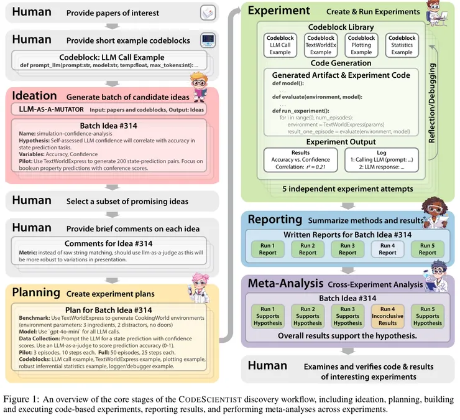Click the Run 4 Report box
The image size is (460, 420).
tap(387, 249)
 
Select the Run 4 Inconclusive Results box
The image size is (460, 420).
tap(387, 315)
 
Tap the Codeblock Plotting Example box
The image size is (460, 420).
tap(361, 45)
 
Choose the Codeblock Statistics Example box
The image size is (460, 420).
tap(402, 45)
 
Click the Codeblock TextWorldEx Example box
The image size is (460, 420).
tap(321, 45)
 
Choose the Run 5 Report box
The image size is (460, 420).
tap(427, 249)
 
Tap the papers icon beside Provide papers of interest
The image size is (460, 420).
tap(207, 12)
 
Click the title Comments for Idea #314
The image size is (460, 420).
tap(109, 243)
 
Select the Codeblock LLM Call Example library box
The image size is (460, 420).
tap(280, 45)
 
